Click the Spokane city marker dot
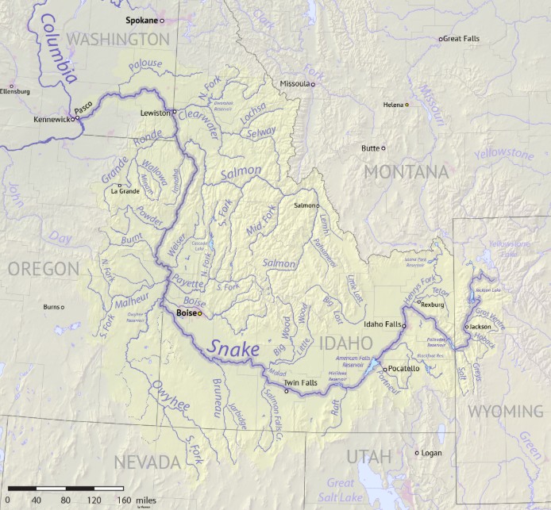tap(162, 21)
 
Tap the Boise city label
tap(185, 313)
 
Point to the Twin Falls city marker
tap(287, 390)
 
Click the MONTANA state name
tap(406, 172)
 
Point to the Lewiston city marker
tap(175, 113)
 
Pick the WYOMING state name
tap(505, 411)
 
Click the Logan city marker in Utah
tap(417, 453)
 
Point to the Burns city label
tap(52, 306)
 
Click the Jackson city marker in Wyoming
tap(467, 326)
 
